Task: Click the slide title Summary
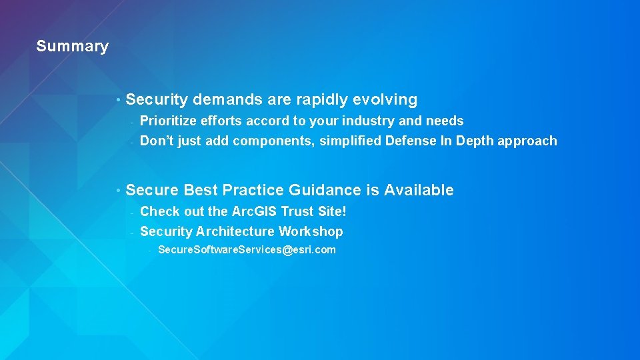tap(72, 46)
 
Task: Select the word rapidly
tap(322, 100)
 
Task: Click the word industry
tap(369, 121)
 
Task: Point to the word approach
tap(523, 141)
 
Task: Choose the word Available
tap(419, 190)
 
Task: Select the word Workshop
tap(311, 231)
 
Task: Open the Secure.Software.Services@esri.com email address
tap(247, 250)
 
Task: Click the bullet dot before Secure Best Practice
tap(117, 191)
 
